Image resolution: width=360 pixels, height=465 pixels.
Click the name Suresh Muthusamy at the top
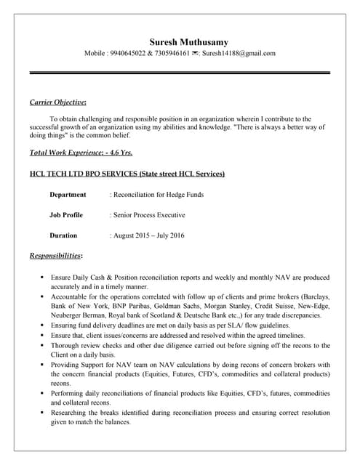pyautogui.click(x=188, y=42)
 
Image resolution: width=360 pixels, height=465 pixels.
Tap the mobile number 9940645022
pyautogui.click(x=126, y=54)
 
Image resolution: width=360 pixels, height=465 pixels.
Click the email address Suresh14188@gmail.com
pyautogui.click(x=239, y=54)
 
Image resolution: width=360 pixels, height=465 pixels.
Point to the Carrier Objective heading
pyautogui.click(x=58, y=102)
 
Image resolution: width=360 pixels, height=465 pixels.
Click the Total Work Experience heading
pyautogui.click(x=81, y=153)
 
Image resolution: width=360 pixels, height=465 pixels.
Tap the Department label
pyautogui.click(x=68, y=195)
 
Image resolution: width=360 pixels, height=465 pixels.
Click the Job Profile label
pyautogui.click(x=66, y=215)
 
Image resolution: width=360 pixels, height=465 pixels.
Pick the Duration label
pyautogui.click(x=63, y=235)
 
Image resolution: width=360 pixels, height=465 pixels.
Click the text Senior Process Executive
pyautogui.click(x=148, y=215)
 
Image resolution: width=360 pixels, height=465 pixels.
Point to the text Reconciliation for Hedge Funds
pyautogui.click(x=157, y=195)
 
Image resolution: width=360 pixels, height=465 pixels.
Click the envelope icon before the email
pyautogui.click(x=196, y=54)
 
